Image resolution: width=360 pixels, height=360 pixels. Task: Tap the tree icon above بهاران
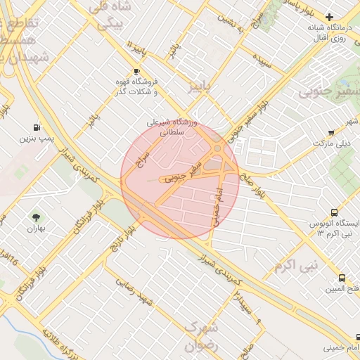tap(36, 217)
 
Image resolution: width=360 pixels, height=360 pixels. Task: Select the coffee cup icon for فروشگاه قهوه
tap(136, 72)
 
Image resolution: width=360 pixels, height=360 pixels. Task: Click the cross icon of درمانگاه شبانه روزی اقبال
tap(330, 16)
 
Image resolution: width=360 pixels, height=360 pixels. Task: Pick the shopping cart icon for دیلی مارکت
tap(331, 131)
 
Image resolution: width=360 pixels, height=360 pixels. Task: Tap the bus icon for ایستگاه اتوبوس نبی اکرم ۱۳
tap(334, 212)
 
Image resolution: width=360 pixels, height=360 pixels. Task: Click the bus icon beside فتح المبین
tap(342, 278)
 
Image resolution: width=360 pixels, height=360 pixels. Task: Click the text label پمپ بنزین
tap(36, 140)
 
